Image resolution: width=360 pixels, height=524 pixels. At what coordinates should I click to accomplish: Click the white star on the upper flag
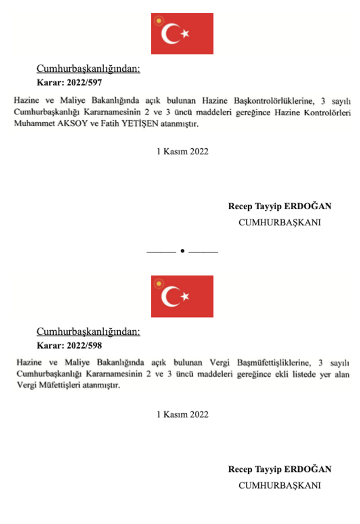(x=185, y=34)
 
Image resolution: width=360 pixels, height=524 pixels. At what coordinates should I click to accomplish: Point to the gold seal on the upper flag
(x=161, y=23)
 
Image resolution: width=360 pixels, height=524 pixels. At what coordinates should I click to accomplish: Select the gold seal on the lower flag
(x=161, y=285)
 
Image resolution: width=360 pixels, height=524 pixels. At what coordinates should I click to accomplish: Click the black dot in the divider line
(x=182, y=251)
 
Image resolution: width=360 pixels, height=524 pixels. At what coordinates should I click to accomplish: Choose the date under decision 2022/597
(x=182, y=152)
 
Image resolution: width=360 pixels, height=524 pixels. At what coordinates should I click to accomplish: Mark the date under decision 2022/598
(x=182, y=414)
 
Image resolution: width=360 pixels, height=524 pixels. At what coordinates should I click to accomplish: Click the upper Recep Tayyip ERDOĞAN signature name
(x=280, y=206)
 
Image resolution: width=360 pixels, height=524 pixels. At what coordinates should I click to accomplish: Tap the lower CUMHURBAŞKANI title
(x=280, y=485)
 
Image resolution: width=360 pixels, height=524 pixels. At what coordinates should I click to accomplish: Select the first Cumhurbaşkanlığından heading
(x=88, y=70)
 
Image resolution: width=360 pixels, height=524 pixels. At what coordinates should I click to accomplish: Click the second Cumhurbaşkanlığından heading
(x=88, y=332)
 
